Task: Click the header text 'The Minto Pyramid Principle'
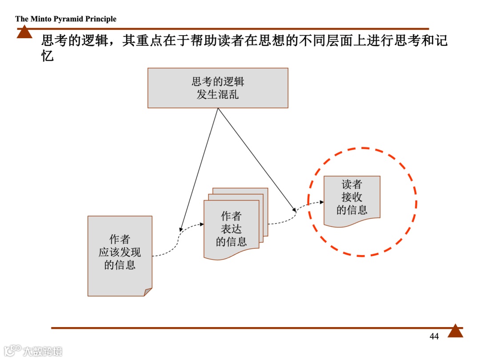(66, 19)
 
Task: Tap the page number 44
(434, 336)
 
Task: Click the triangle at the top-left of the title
(24, 32)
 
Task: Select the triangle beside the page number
(455, 331)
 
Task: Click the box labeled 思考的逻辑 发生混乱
(218, 88)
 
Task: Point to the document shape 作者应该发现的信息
(120, 256)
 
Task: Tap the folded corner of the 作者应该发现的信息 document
(148, 292)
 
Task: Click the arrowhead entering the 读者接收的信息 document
(321, 202)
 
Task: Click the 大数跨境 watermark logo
(33, 350)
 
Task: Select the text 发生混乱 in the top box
(218, 94)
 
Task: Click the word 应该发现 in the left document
(120, 252)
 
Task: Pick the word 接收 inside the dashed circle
(352, 197)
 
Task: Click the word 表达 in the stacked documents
(231, 229)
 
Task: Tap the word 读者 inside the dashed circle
(352, 184)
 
